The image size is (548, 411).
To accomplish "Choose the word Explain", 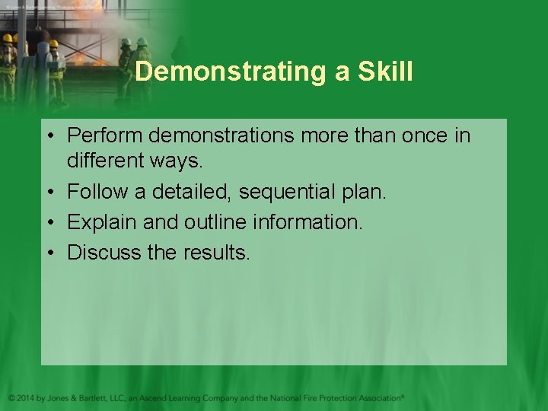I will pyautogui.click(x=100, y=222).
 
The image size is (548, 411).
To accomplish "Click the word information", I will pyautogui.click(x=312, y=222).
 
